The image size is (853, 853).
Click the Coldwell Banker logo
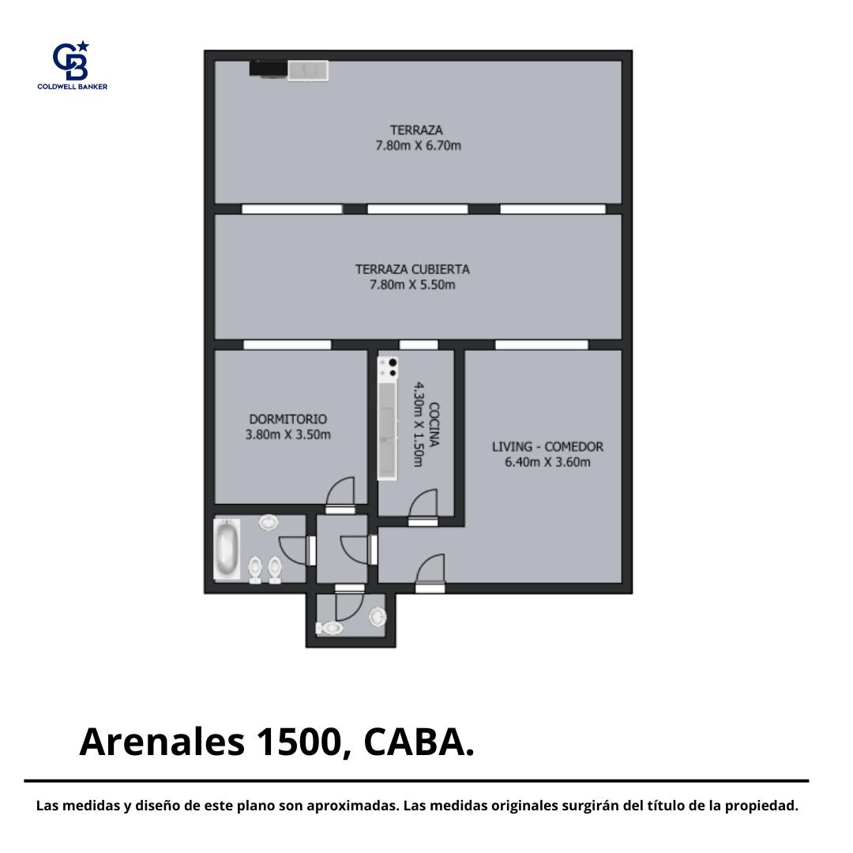click(x=73, y=66)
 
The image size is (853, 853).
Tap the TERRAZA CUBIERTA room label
click(x=412, y=269)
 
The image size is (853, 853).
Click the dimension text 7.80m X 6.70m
click(x=419, y=146)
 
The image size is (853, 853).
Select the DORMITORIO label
click(x=287, y=419)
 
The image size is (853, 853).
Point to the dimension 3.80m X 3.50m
click(x=287, y=434)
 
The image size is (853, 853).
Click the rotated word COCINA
click(x=434, y=424)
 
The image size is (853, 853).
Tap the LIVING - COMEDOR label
click(x=548, y=446)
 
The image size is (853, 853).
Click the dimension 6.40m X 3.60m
click(x=548, y=462)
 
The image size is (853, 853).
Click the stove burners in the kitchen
click(x=388, y=367)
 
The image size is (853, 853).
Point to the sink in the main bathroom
click(x=269, y=522)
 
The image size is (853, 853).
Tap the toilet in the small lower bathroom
click(x=329, y=629)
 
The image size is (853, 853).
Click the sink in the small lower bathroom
click(x=378, y=617)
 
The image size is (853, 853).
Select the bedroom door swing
click(x=340, y=492)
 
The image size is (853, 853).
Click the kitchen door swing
click(x=423, y=504)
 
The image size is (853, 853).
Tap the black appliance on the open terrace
click(x=269, y=69)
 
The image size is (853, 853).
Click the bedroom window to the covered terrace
click(x=287, y=344)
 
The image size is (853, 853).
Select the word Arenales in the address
click(x=162, y=742)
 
